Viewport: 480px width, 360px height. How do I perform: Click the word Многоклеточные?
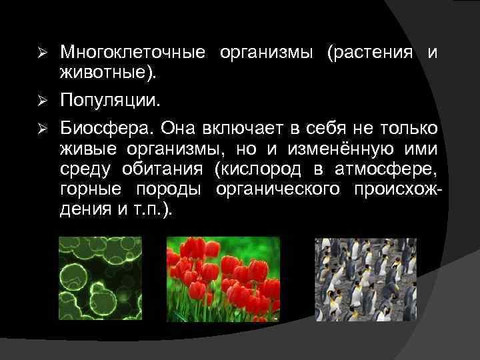tap(134, 53)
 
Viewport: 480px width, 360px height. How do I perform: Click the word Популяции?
tap(110, 101)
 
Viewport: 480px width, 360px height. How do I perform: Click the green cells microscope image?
tap(101, 279)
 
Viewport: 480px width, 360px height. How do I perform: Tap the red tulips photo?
tap(223, 279)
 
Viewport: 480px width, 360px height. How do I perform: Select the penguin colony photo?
tap(366, 279)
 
